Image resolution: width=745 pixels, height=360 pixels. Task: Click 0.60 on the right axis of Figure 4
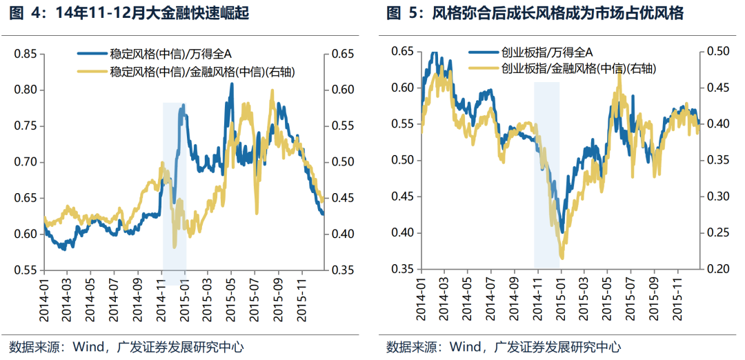click(x=343, y=90)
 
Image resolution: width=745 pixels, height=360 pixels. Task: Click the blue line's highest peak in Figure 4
click(x=231, y=84)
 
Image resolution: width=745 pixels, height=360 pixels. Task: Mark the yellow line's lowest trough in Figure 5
click(x=562, y=259)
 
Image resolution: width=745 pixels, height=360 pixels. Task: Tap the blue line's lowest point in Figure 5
click(x=563, y=232)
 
